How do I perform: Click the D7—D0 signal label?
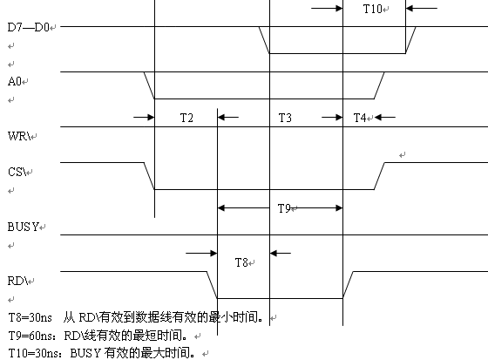[x=28, y=27]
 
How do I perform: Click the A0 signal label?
[x=14, y=82]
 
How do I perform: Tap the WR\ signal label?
[x=19, y=136]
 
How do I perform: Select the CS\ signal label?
[x=17, y=172]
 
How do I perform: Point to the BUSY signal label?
[x=24, y=227]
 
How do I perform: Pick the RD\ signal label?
[x=17, y=281]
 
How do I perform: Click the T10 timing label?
[x=373, y=9]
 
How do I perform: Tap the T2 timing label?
[x=186, y=118]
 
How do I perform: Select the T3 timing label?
[x=285, y=118]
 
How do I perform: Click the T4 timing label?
[x=360, y=118]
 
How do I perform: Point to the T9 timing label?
[x=284, y=208]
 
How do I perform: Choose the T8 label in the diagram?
[x=241, y=262]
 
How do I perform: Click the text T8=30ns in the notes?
[x=30, y=317]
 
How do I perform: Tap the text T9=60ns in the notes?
[x=30, y=336]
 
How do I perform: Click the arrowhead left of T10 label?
[x=339, y=8]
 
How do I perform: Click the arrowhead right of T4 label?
[x=378, y=118]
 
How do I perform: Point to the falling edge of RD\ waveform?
[x=212, y=285]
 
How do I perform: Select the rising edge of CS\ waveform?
[x=379, y=175]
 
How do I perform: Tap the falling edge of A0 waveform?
[x=149, y=85]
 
